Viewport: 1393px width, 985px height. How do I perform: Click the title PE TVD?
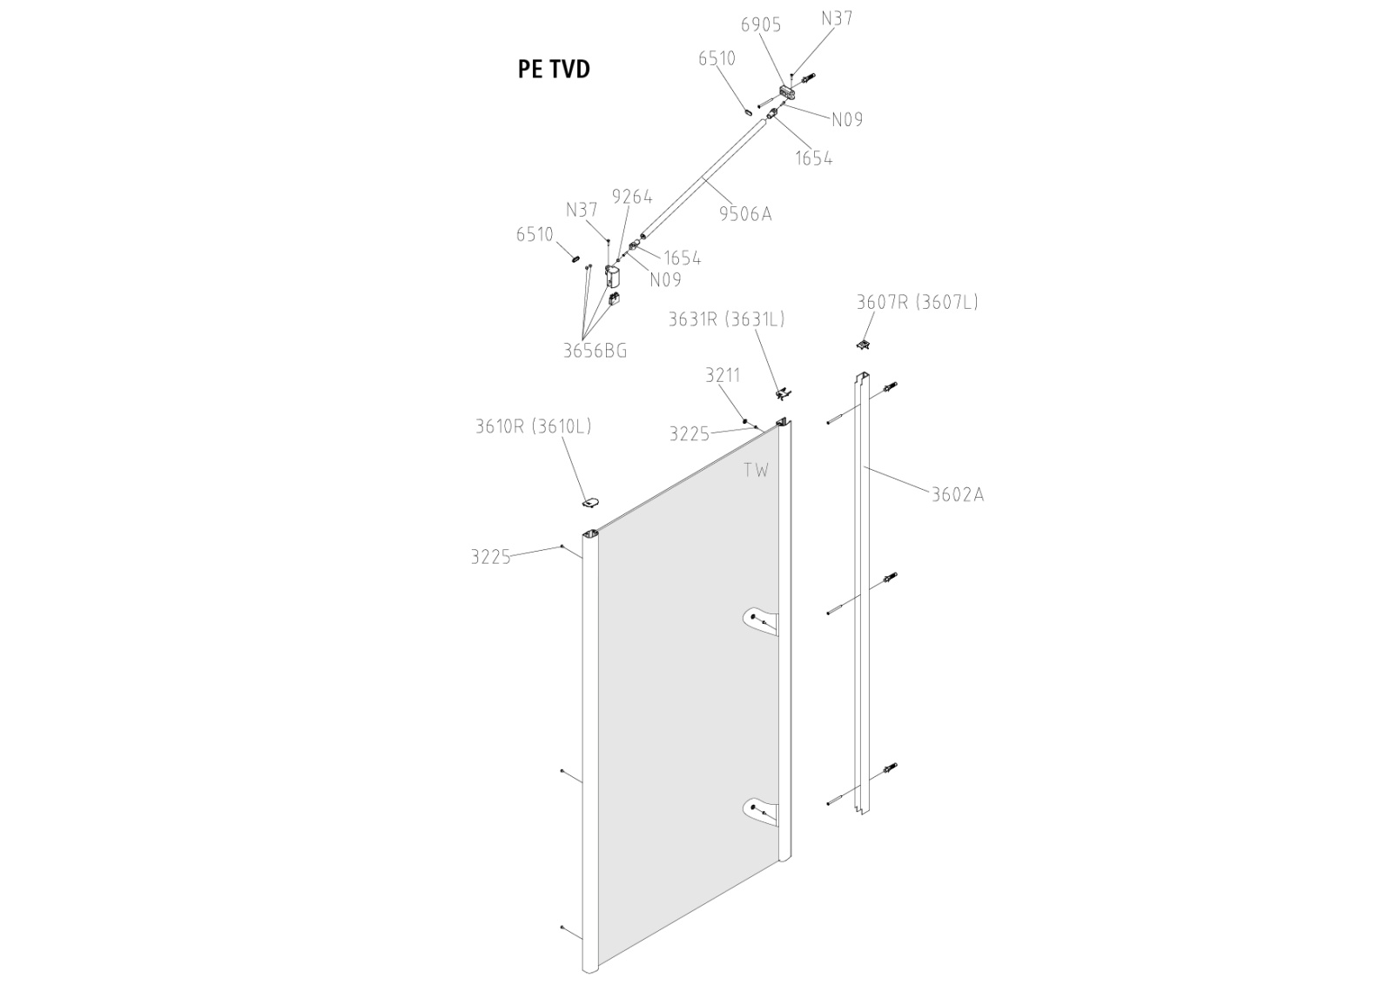(x=554, y=69)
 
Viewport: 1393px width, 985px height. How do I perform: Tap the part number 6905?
(x=760, y=25)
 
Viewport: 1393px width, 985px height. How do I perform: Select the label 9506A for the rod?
(x=745, y=213)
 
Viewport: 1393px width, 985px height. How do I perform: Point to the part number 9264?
(x=632, y=197)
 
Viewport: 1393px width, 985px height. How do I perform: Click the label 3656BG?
(x=595, y=351)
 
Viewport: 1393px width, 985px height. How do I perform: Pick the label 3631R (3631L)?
(x=726, y=319)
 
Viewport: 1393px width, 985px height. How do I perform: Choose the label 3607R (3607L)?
(x=917, y=302)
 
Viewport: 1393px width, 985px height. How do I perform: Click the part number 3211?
(x=723, y=375)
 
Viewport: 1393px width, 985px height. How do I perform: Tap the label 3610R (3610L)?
(x=533, y=426)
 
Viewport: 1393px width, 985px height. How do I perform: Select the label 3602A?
(x=958, y=494)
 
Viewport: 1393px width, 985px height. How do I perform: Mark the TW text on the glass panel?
(x=756, y=471)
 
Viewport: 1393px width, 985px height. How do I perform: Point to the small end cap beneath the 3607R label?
(x=864, y=345)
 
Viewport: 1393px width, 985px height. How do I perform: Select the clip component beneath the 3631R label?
(x=784, y=394)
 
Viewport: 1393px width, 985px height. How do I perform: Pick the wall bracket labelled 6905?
(x=788, y=90)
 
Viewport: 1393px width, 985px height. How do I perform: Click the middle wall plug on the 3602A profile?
(x=890, y=579)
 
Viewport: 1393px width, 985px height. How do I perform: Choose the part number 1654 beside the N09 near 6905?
(x=813, y=158)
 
